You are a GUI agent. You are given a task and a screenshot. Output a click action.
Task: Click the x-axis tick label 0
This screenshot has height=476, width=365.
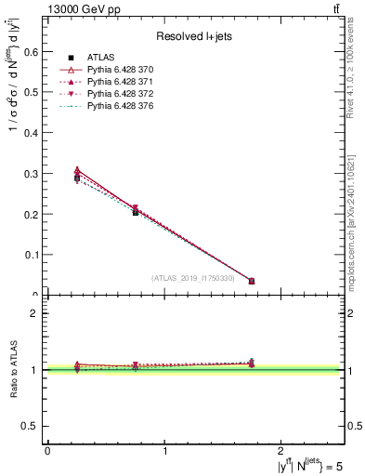click(x=48, y=450)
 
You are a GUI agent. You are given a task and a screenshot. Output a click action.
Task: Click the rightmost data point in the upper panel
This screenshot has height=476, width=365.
click(x=252, y=281)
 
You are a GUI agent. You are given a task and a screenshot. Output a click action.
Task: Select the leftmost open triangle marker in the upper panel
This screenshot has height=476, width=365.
click(x=77, y=170)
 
